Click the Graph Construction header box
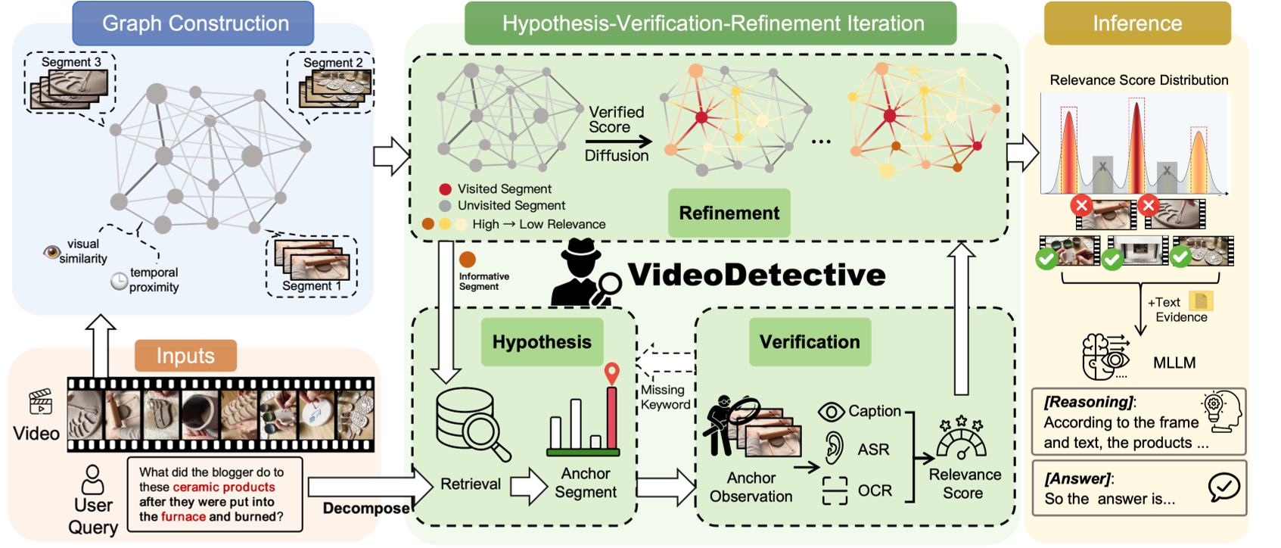[193, 23]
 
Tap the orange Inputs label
[185, 356]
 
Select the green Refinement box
[729, 213]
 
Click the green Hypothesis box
[542, 342]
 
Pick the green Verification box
[810, 342]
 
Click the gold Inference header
[1136, 23]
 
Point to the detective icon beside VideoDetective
[584, 272]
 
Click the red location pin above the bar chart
[611, 372]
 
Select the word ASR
[873, 450]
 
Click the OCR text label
[875, 490]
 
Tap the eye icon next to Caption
[831, 412]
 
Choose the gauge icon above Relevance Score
[961, 439]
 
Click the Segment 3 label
[71, 62]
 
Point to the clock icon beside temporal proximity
[119, 281]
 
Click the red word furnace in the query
[183, 517]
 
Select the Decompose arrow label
[366, 508]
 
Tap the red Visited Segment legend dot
[445, 189]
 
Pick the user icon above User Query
[93, 478]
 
